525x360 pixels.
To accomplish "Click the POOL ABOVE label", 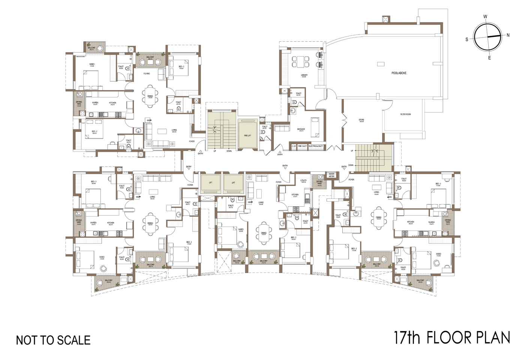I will point(399,73).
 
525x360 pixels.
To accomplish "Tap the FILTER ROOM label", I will point(405,114).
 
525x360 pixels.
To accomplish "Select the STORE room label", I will point(361,120).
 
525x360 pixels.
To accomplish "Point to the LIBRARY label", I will point(304,75).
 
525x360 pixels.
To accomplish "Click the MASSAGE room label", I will point(301,129).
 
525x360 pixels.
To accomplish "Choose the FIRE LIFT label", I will point(247,135).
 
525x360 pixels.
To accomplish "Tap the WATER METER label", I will point(331,175).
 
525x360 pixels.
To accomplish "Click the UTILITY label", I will point(303,181).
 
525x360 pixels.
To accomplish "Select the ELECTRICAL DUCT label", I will point(316,146).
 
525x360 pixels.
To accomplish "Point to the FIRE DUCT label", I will point(302,146).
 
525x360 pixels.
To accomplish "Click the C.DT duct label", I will point(294,146).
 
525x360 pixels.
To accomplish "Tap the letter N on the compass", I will point(508,35).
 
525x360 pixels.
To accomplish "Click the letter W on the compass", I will point(485,16).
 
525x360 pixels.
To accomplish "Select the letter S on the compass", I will point(467,39).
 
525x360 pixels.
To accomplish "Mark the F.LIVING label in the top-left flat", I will point(147,73).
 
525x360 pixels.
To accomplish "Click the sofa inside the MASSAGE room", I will point(282,128).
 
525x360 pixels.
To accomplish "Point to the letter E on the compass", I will point(489,58).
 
